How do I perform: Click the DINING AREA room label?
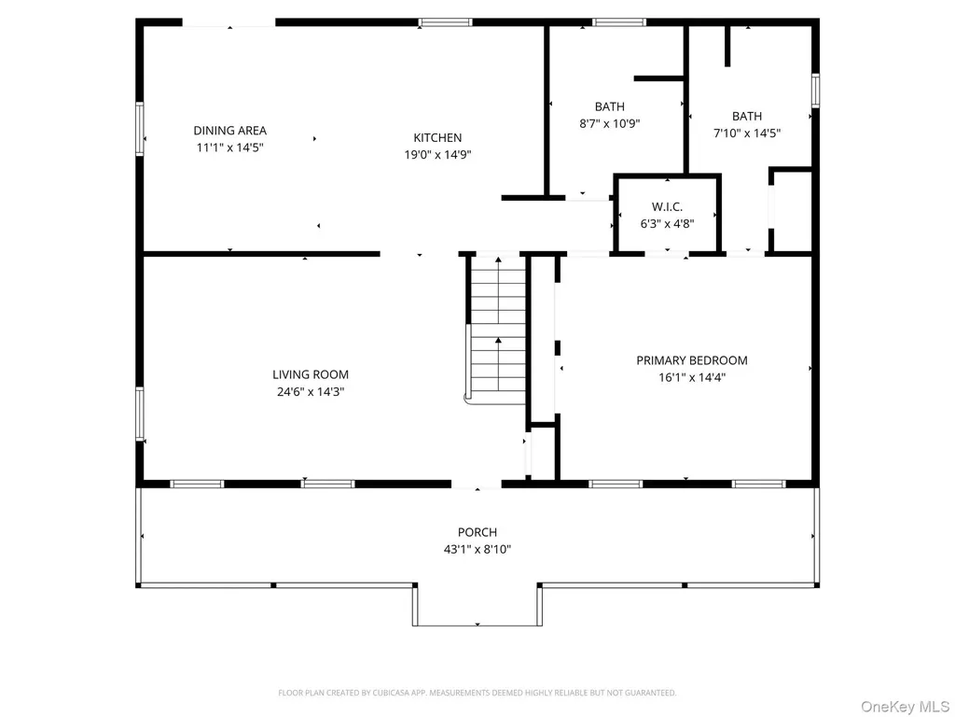coord(229,131)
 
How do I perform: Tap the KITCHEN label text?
coord(437,138)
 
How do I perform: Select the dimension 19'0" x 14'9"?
coord(437,155)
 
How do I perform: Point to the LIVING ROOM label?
coord(311,374)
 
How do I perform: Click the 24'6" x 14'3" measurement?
coord(311,391)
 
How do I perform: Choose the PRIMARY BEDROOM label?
coord(692,360)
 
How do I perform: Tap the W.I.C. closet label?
coord(667,206)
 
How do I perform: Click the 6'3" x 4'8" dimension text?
coord(667,224)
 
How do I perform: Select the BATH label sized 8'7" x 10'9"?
coord(610,106)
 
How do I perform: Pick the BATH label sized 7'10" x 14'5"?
coord(747,116)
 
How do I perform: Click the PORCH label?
coord(477,532)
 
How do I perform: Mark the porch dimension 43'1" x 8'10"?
coord(477,549)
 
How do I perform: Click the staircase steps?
coord(498,330)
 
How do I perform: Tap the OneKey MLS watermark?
coord(905,707)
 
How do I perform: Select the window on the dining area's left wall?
coord(140,129)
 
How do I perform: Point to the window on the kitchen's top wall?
coord(445,22)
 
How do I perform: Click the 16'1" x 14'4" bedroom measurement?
coord(692,377)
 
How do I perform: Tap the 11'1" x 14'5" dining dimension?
coord(229,148)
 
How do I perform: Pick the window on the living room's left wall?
coord(140,414)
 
